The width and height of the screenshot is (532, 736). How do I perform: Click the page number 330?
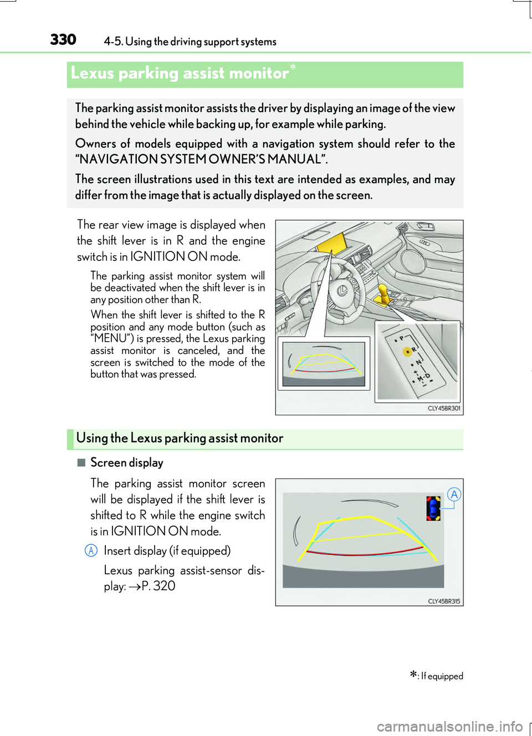pyautogui.click(x=63, y=40)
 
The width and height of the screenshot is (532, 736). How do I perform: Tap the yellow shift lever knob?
pyautogui.click(x=382, y=290)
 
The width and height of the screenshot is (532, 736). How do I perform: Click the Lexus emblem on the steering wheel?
pyautogui.click(x=342, y=289)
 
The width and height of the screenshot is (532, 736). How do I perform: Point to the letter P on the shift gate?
pyautogui.click(x=402, y=338)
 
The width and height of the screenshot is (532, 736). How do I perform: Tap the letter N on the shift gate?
pyautogui.click(x=418, y=363)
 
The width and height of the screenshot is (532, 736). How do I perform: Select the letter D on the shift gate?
pyautogui.click(x=427, y=376)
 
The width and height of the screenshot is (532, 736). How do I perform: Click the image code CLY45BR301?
pyautogui.click(x=444, y=408)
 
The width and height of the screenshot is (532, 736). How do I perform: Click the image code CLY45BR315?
pyautogui.click(x=444, y=601)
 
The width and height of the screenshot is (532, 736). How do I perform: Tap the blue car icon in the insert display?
pyautogui.click(x=433, y=508)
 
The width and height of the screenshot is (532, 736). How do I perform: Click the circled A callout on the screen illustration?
pyautogui.click(x=454, y=495)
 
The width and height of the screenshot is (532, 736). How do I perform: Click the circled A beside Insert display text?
pyautogui.click(x=91, y=550)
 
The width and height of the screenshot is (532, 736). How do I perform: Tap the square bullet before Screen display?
pyautogui.click(x=81, y=462)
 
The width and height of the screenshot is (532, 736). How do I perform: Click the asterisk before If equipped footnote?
pyautogui.click(x=413, y=675)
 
